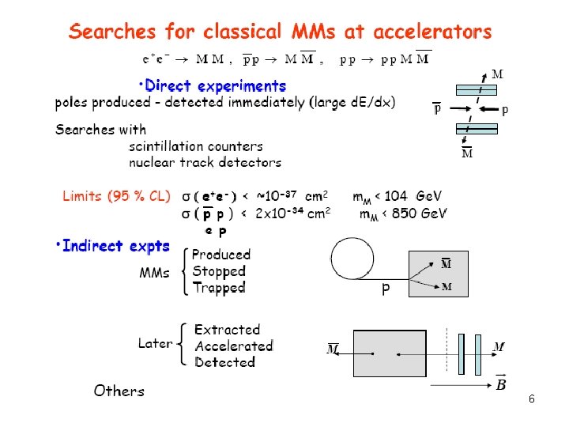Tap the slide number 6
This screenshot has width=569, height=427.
(532, 400)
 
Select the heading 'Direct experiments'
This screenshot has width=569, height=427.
(213, 85)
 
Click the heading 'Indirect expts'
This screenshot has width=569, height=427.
(115, 246)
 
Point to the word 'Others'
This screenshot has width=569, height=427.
(119, 391)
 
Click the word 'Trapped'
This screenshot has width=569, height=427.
(219, 288)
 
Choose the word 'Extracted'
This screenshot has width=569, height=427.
(227, 330)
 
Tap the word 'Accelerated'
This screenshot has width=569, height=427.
(233, 346)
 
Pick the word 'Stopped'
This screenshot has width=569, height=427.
(219, 271)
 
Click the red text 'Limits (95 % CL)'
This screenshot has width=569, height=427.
(116, 196)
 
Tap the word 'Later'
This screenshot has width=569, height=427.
(155, 343)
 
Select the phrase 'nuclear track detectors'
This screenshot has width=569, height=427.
(205, 162)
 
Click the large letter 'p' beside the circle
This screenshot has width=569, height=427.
(386, 289)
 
